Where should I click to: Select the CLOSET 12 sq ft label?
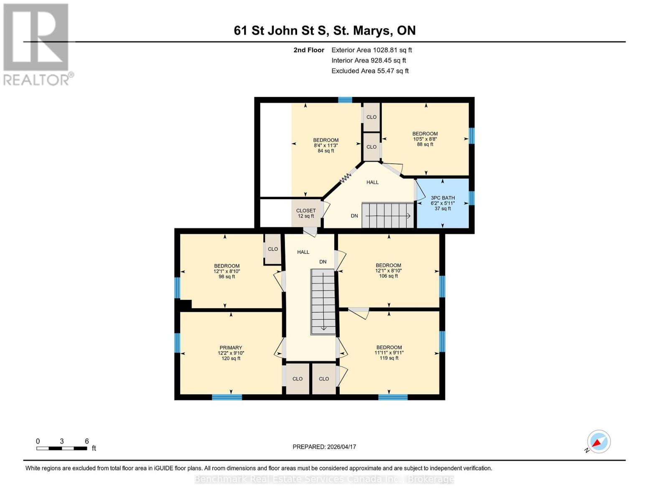(x=306, y=213)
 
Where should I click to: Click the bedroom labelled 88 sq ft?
(x=425, y=139)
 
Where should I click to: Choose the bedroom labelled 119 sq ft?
(x=389, y=352)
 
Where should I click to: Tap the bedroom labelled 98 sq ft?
(x=227, y=271)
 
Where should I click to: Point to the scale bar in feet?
(x=62, y=448)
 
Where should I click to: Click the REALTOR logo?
(x=38, y=45)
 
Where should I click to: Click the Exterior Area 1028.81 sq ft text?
(x=372, y=50)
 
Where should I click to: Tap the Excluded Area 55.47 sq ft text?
(x=370, y=71)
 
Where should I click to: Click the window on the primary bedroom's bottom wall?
(x=227, y=397)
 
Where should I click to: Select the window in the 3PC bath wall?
(x=471, y=198)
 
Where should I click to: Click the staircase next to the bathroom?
(x=388, y=215)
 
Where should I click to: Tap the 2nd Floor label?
(x=309, y=50)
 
